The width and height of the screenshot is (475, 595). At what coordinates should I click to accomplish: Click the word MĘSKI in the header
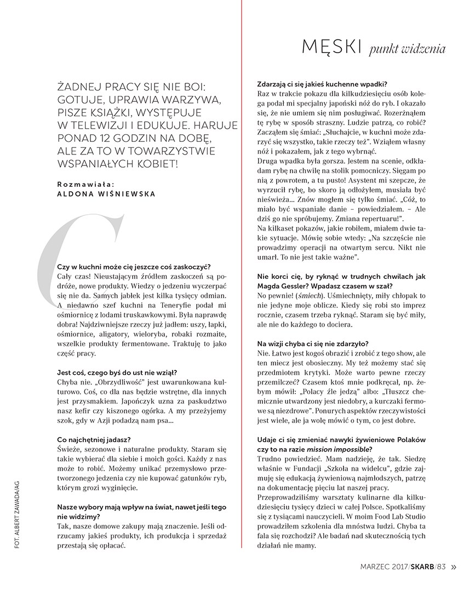pos(331,48)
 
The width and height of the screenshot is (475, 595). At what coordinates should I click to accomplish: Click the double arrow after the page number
pos(454,568)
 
